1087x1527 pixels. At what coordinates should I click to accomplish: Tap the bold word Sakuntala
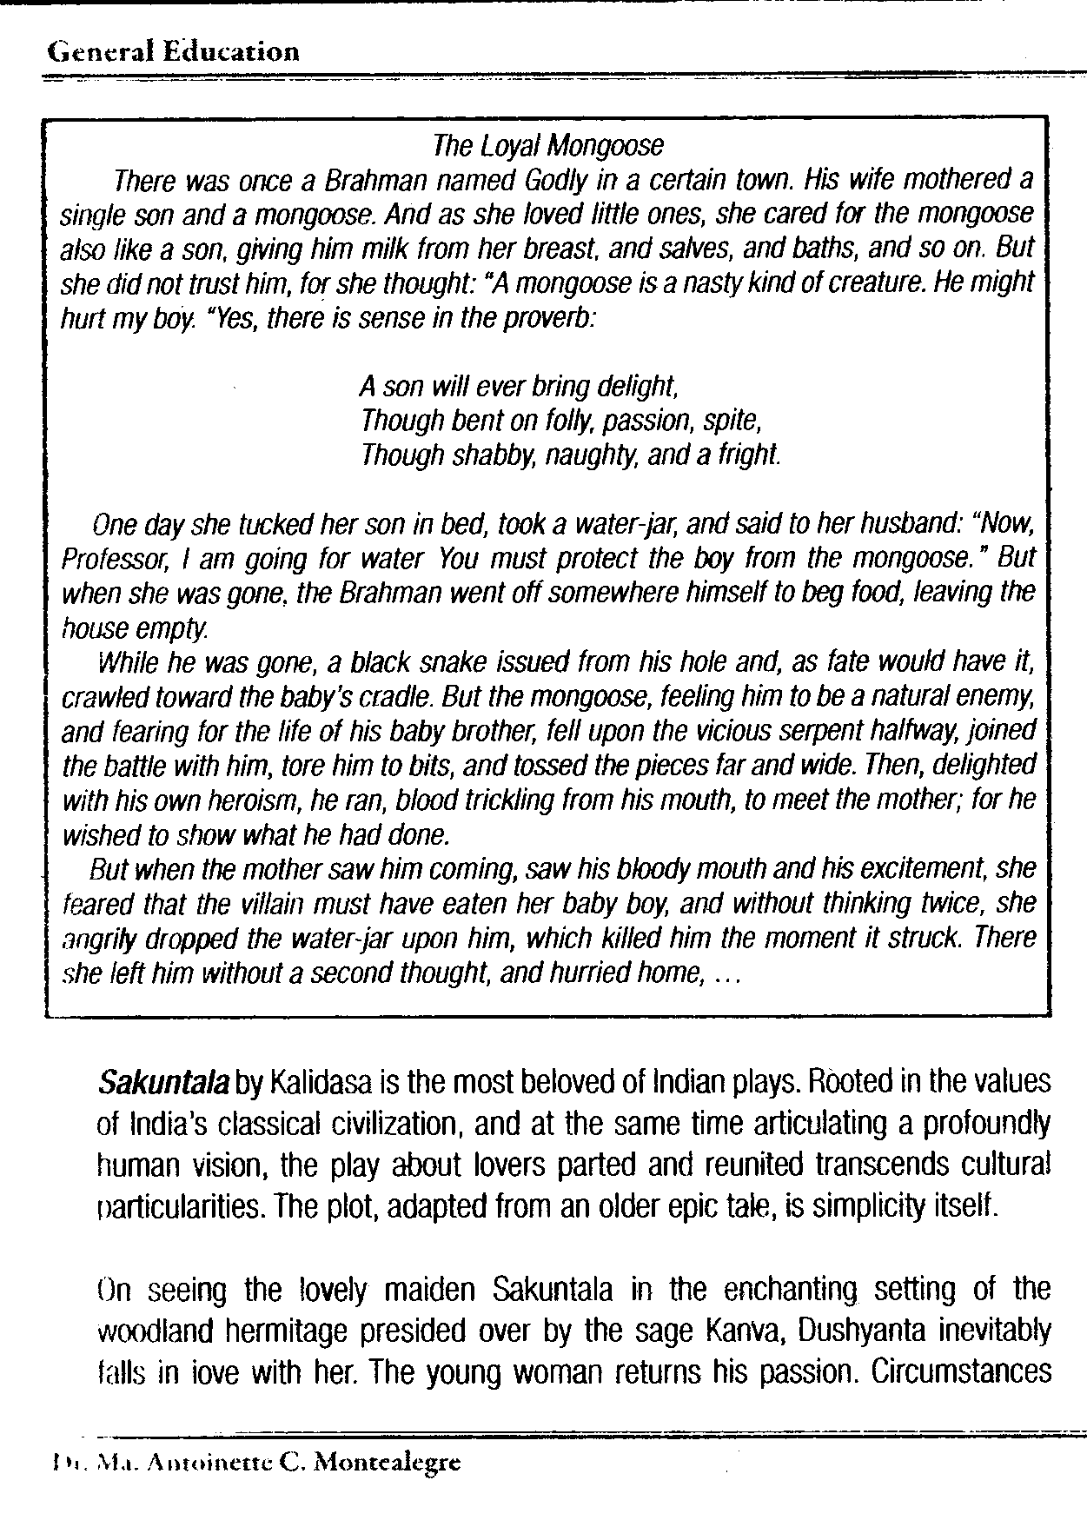point(164,1084)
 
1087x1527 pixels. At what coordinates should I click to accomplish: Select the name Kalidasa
point(321,1084)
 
